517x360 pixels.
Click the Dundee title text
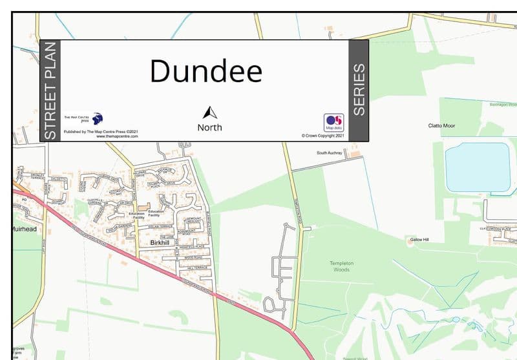206,70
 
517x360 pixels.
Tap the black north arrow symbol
209,113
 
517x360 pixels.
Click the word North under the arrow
209,127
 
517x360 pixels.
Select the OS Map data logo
333,122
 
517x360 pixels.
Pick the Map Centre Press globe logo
97,118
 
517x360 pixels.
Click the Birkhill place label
159,242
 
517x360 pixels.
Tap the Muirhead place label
24,229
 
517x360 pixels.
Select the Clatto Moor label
441,125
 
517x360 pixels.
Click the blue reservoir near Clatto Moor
478,167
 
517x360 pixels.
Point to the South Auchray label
329,153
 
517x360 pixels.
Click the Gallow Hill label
419,240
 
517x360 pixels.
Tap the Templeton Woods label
341,266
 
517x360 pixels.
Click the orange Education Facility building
142,206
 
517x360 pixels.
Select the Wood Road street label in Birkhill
193,257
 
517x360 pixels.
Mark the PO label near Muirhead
23,200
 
